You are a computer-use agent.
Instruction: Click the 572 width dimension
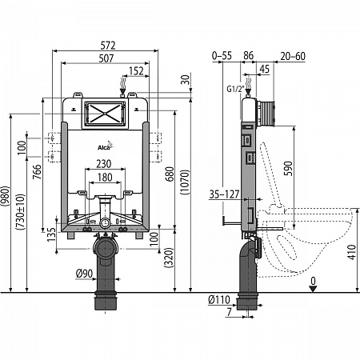click(x=108, y=46)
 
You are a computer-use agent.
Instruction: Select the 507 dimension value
click(x=106, y=58)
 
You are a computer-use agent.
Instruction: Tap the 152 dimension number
click(x=136, y=71)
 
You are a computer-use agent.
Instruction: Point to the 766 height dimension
click(x=38, y=172)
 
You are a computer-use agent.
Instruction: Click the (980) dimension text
click(x=5, y=196)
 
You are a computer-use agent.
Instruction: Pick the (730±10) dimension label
click(x=21, y=212)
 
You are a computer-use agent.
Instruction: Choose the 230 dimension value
click(x=104, y=164)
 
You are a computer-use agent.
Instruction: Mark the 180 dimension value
click(x=105, y=178)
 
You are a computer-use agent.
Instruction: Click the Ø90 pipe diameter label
click(x=84, y=274)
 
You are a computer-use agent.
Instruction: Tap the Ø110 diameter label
click(x=219, y=300)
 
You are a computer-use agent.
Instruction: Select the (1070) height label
click(x=186, y=182)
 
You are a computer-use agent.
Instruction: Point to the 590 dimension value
click(x=288, y=168)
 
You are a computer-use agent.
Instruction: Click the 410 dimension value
click(x=352, y=252)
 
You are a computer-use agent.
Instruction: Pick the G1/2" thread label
click(x=236, y=89)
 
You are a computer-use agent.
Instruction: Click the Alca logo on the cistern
click(x=106, y=146)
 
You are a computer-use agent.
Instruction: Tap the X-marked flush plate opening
click(x=105, y=114)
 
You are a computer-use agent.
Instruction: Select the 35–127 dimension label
click(x=224, y=194)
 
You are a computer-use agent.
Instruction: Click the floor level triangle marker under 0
click(x=313, y=289)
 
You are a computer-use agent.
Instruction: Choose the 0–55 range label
click(x=222, y=56)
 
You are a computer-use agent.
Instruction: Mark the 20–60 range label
click(x=293, y=56)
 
